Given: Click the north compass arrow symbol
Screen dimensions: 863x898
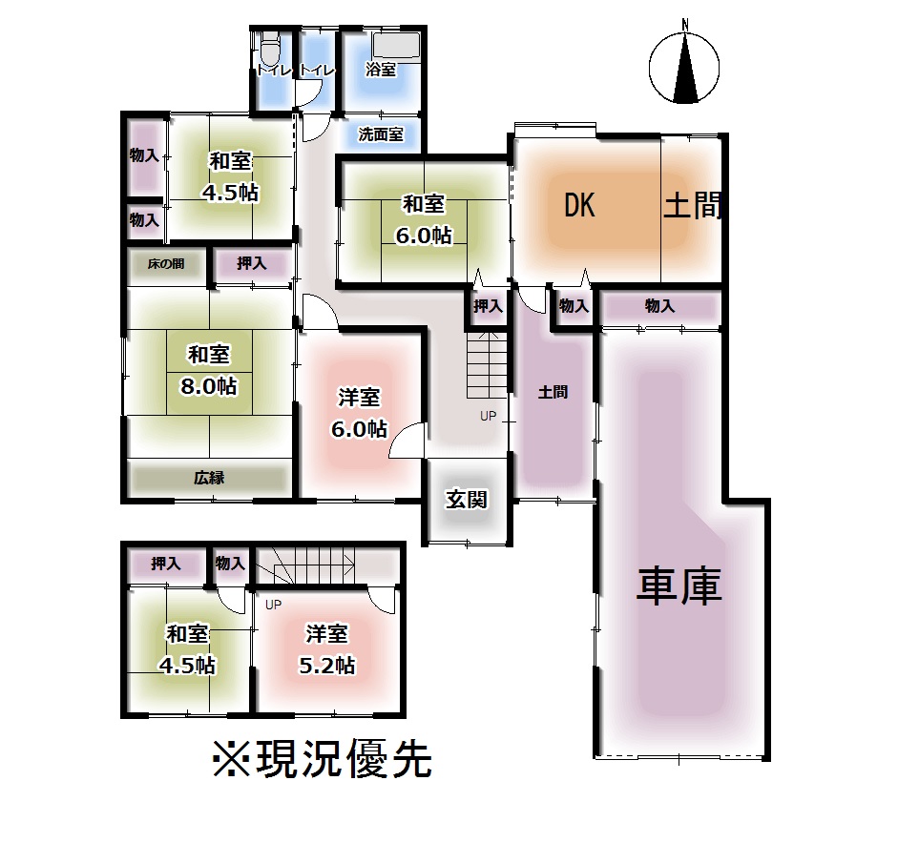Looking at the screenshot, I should click(x=683, y=67).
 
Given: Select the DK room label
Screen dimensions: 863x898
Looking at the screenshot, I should click(x=579, y=205).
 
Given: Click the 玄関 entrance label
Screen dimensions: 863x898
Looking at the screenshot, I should click(x=467, y=499).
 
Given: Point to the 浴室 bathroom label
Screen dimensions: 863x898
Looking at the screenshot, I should click(x=381, y=70).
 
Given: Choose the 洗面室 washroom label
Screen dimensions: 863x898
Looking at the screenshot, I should click(x=381, y=134).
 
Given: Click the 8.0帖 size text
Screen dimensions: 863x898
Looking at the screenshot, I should click(x=208, y=386).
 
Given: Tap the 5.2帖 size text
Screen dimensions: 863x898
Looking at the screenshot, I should click(x=326, y=666).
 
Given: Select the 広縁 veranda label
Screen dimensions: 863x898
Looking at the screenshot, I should click(x=209, y=478).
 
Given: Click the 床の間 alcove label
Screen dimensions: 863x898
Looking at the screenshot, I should click(x=166, y=264).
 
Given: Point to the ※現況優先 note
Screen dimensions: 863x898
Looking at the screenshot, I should click(x=322, y=760).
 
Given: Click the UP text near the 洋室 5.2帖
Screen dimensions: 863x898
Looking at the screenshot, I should click(x=273, y=605).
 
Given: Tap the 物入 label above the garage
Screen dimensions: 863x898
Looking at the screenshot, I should click(x=659, y=306).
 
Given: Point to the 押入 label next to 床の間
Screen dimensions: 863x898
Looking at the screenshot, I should click(x=251, y=264).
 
